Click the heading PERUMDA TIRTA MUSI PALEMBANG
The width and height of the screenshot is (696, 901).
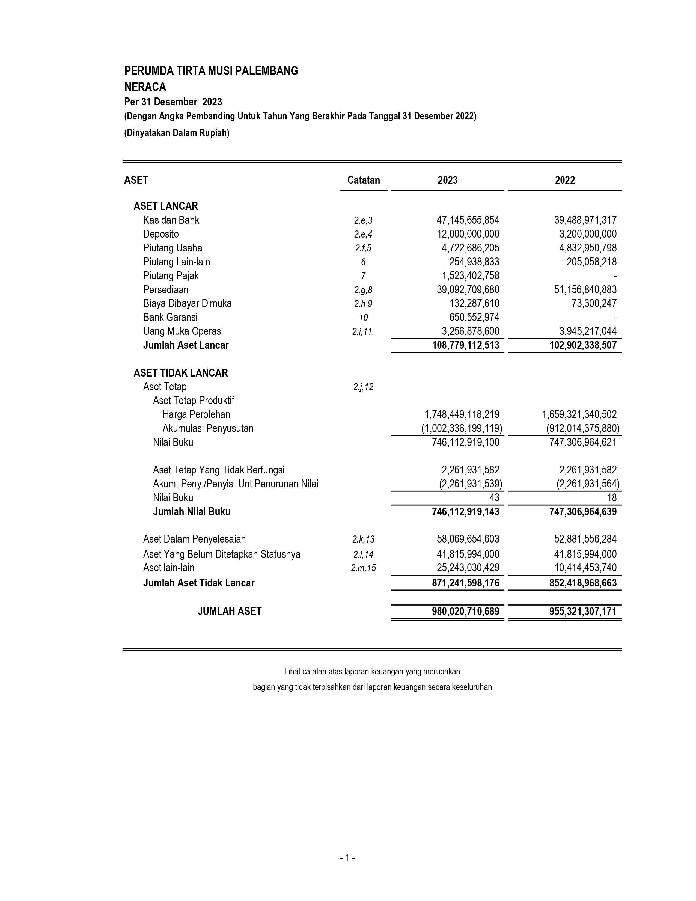click(x=211, y=71)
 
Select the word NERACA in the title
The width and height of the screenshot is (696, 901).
click(x=145, y=87)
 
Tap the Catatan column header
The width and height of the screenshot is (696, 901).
click(x=363, y=180)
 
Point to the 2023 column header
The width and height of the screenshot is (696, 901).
click(x=447, y=180)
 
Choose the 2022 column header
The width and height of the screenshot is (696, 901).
click(x=564, y=180)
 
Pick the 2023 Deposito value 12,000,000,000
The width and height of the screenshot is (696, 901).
click(x=468, y=234)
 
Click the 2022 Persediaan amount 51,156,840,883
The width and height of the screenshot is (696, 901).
click(x=585, y=290)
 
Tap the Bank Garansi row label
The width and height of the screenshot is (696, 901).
click(x=170, y=317)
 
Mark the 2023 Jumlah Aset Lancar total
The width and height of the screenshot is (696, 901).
click(x=466, y=345)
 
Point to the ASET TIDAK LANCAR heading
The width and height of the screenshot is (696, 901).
click(x=181, y=373)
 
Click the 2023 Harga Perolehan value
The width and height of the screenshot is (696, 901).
click(x=462, y=415)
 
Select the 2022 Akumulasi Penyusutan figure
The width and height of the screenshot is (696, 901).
click(x=583, y=429)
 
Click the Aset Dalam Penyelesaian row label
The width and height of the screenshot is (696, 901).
click(x=194, y=539)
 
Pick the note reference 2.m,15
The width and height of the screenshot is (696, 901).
click(x=363, y=568)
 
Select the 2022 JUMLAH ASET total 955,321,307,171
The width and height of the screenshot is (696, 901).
click(x=583, y=611)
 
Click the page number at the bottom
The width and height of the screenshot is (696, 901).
click(x=347, y=858)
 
